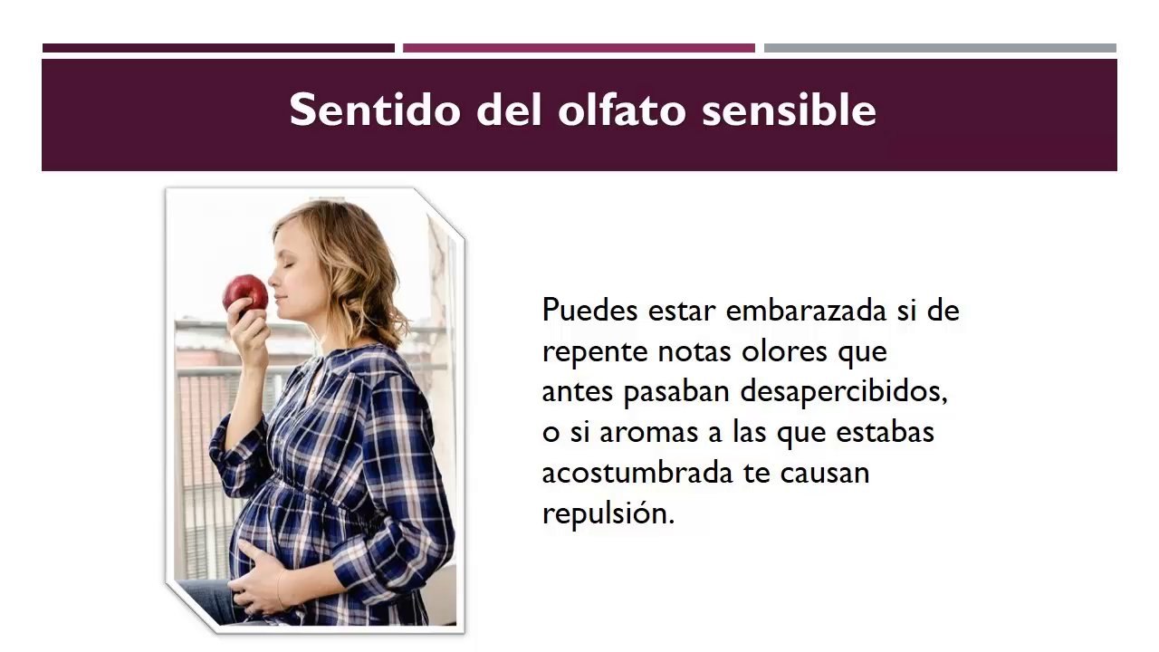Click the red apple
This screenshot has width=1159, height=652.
(x=245, y=294)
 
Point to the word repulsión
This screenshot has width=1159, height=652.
(x=608, y=514)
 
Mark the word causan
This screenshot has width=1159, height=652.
(x=825, y=473)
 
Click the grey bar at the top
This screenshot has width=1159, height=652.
(x=940, y=48)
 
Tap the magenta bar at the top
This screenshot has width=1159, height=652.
(x=579, y=48)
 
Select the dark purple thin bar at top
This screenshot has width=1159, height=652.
(x=218, y=48)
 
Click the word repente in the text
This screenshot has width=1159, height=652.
(x=594, y=351)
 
